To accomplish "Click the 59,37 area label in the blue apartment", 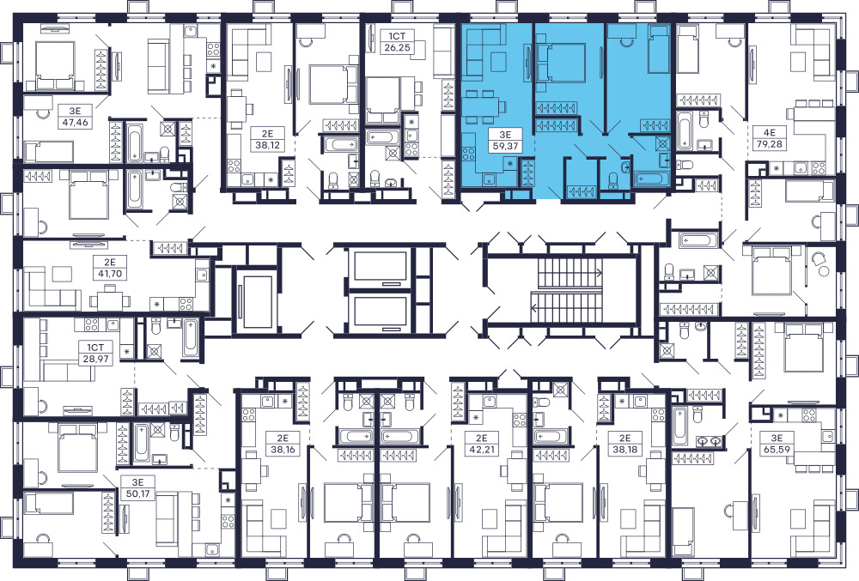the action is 504,146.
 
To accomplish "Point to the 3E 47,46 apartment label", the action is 75,117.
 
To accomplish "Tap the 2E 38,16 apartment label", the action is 282,444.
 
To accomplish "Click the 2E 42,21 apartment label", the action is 481,444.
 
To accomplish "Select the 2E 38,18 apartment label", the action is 625,444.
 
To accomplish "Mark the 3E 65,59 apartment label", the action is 777,444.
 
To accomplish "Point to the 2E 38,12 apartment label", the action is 267,139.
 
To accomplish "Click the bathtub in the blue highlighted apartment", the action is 652,179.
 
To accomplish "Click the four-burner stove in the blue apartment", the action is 469,154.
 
